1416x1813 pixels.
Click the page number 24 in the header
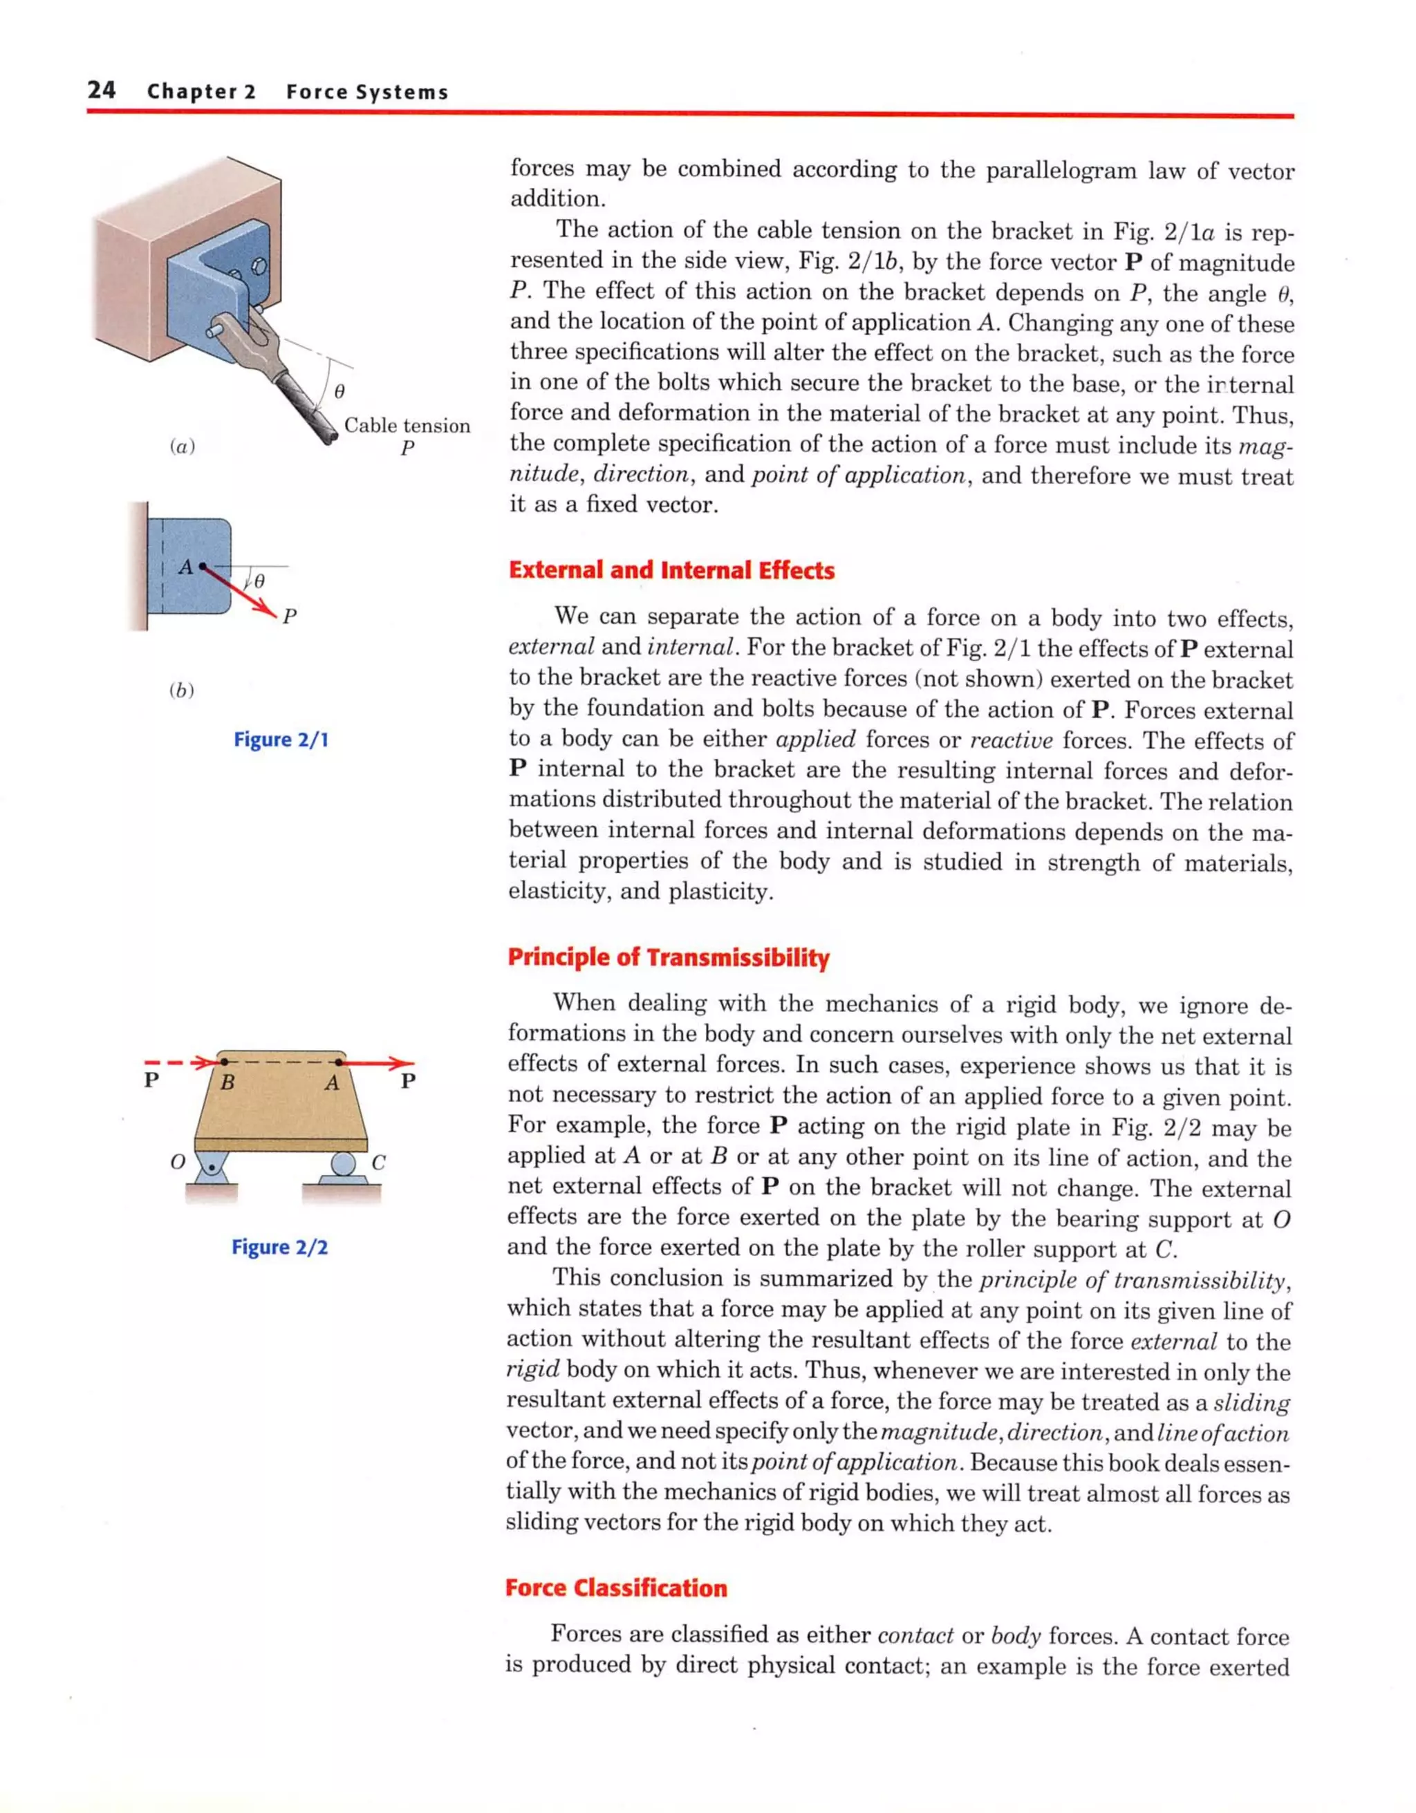tap(102, 90)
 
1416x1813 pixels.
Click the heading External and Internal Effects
tap(671, 570)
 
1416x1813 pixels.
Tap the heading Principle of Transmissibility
tap(668, 957)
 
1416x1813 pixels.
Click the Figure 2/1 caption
tap(281, 739)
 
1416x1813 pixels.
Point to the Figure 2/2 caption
tap(279, 1247)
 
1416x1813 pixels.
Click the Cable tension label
tap(407, 426)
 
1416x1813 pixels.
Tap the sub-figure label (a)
tap(182, 447)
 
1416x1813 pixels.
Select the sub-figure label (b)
tap(180, 690)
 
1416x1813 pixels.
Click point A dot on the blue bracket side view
tap(202, 566)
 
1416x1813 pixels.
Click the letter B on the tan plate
tap(227, 1083)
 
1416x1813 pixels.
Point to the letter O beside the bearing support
tap(177, 1161)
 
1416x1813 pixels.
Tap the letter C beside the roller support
tap(379, 1162)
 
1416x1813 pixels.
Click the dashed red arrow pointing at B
tap(178, 1062)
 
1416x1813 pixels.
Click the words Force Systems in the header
tap(366, 91)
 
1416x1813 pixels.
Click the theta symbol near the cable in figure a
tap(339, 390)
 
